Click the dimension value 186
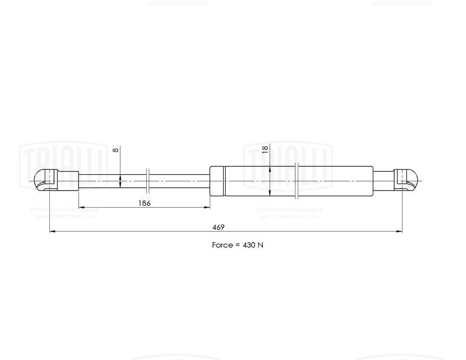pos(144,203)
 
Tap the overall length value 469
pos(218,227)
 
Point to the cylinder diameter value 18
pos(265,149)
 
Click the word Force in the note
pos(222,245)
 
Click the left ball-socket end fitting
pos(46,180)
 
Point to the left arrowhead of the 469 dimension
pos(52,231)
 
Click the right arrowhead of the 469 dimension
pos(400,231)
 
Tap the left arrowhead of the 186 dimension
pos(81,207)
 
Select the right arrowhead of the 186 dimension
pos(207,207)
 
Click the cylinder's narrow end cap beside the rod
pos(217,180)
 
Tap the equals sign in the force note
pos(237,245)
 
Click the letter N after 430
pos(260,245)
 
